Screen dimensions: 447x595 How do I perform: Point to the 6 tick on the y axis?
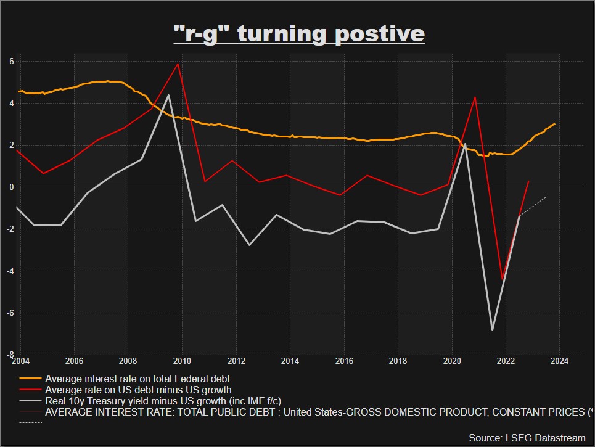point(11,61)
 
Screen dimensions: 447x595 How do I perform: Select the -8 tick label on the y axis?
point(10,355)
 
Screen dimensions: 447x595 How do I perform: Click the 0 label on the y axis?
point(11,187)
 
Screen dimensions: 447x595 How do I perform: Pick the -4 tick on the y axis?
point(10,271)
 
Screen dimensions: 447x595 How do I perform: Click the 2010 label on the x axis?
point(182,361)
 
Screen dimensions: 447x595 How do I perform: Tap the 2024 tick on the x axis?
point(560,361)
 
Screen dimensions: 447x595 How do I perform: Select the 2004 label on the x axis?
point(20,361)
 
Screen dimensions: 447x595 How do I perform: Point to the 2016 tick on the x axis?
point(344,361)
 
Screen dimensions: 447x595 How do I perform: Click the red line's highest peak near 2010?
point(178,64)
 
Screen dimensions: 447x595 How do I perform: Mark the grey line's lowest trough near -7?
point(492,330)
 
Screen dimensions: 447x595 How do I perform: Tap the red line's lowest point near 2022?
point(503,279)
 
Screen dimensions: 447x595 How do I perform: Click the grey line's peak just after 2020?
point(464,144)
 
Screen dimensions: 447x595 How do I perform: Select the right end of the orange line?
point(555,124)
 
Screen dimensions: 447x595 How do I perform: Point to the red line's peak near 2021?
point(475,97)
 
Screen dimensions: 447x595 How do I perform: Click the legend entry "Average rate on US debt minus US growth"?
point(138,390)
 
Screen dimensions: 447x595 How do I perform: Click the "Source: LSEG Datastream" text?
point(527,438)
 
